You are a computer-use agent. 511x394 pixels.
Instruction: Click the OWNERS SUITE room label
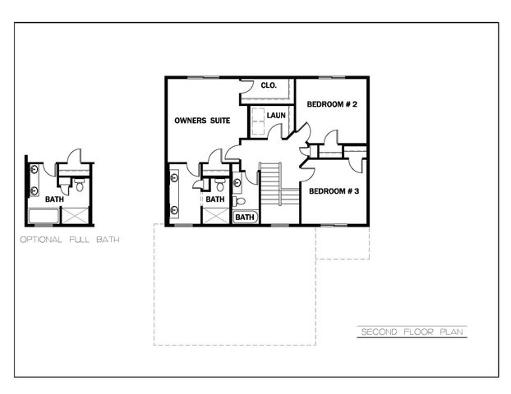click(201, 121)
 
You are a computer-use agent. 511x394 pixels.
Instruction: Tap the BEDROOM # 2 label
click(331, 104)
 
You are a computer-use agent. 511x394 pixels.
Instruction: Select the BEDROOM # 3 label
click(334, 191)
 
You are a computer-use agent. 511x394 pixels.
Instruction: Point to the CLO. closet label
click(268, 85)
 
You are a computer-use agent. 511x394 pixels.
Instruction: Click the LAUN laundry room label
click(276, 116)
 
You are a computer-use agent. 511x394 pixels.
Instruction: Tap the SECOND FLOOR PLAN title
click(413, 332)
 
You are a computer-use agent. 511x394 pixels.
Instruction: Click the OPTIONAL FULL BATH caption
click(69, 241)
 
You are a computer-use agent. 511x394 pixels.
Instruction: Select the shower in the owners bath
click(215, 216)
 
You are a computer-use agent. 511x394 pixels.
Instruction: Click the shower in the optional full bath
click(76, 216)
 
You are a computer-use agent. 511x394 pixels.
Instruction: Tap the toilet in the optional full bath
click(78, 186)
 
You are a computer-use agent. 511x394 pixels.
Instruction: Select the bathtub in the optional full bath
click(44, 217)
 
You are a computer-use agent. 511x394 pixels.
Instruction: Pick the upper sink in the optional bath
click(35, 170)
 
